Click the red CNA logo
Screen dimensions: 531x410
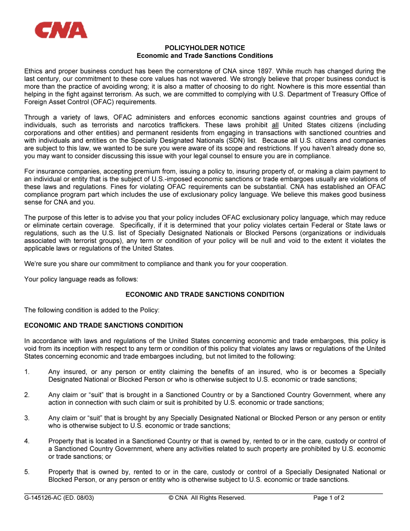click(61, 30)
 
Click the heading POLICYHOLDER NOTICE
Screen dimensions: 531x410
click(205, 48)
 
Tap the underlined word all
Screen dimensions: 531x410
click(275, 125)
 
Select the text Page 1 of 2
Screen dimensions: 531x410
click(328, 498)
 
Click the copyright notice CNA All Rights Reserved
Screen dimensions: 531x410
click(207, 498)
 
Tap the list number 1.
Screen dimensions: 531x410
click(27, 372)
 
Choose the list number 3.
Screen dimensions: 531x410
click(27, 418)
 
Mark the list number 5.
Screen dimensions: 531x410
click(27, 472)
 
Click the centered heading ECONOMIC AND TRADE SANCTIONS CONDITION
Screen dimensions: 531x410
click(205, 295)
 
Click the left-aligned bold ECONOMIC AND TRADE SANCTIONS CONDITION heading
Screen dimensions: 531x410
click(103, 325)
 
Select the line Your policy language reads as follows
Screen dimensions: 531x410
click(81, 279)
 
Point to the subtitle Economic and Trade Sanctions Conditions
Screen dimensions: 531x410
click(205, 56)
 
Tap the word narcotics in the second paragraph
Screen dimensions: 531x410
click(152, 125)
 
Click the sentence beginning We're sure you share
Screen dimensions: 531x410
click(156, 264)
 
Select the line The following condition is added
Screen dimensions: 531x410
click(92, 310)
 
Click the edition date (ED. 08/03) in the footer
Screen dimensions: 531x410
click(79, 498)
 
